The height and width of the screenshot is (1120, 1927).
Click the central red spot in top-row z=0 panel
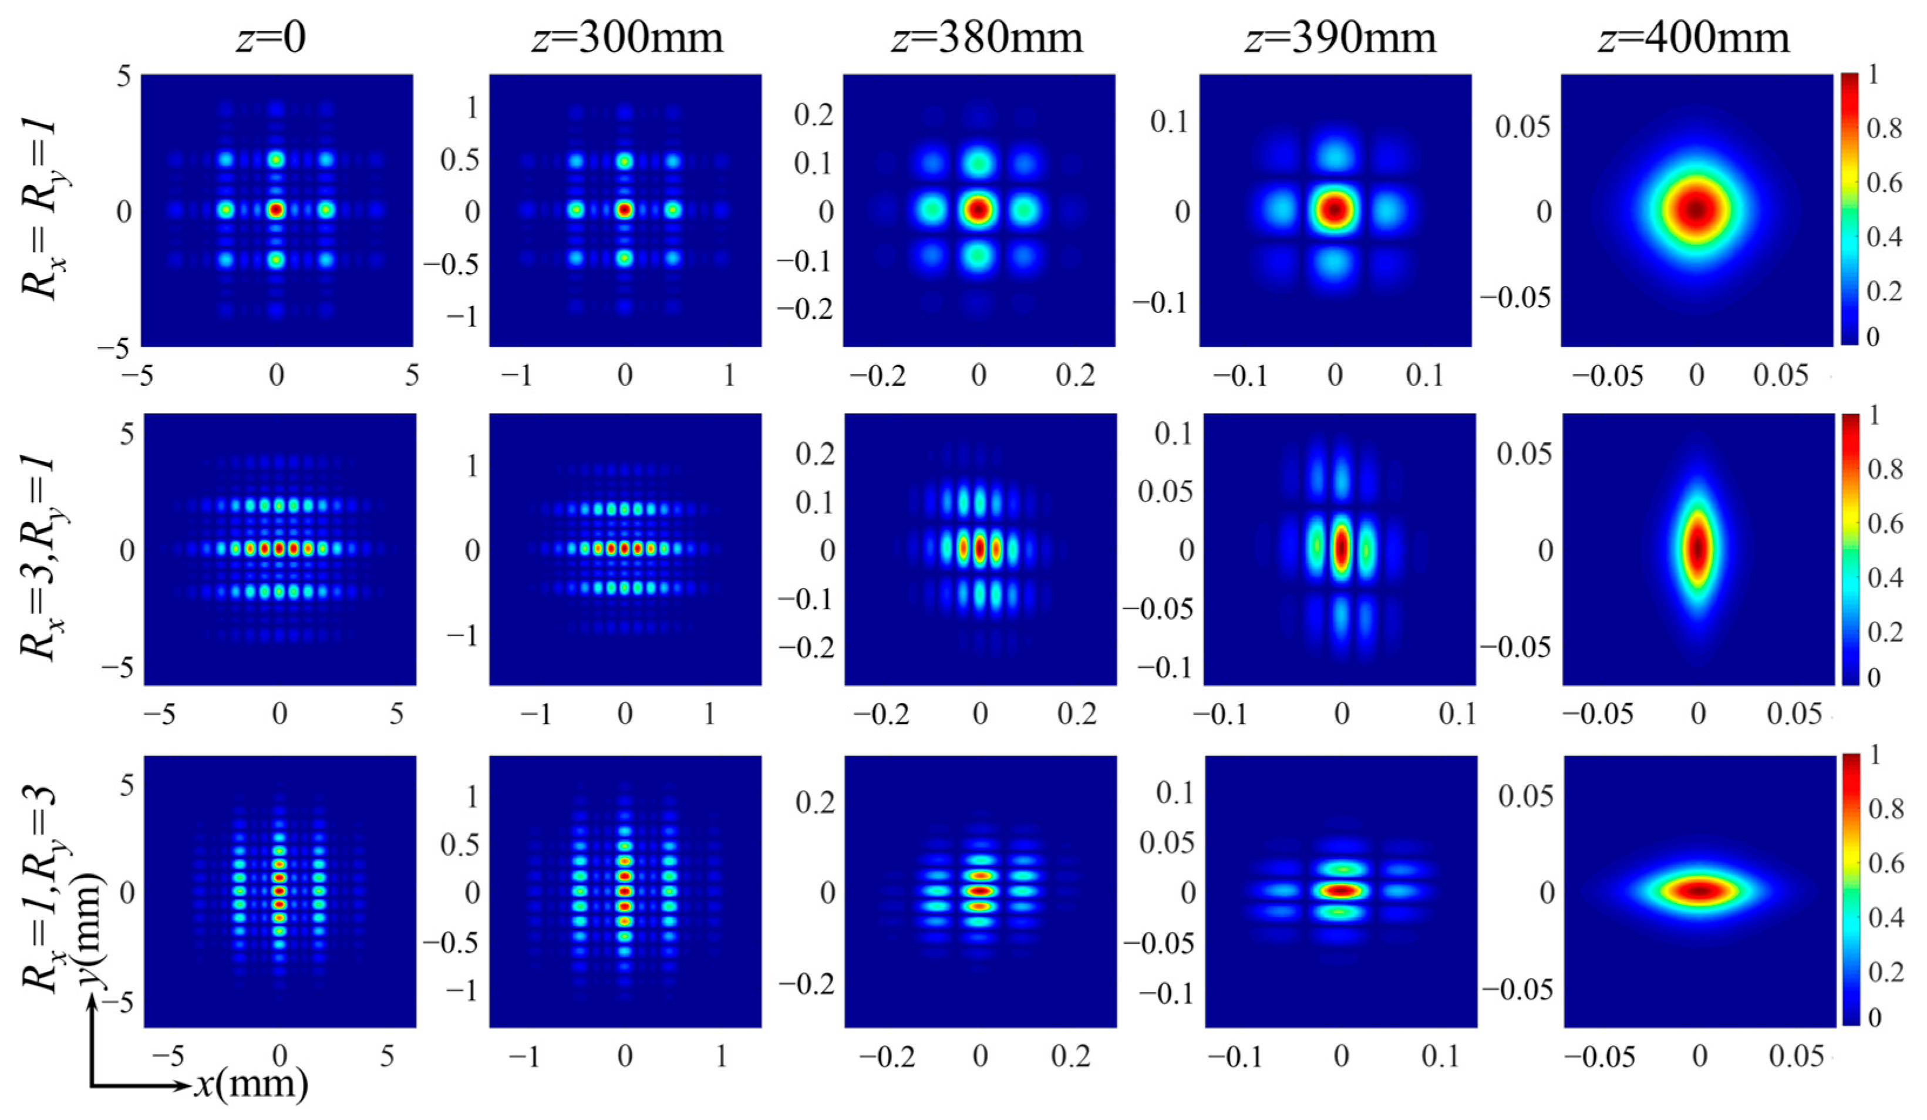point(277,209)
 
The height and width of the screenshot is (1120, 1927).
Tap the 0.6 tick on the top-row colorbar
point(1884,184)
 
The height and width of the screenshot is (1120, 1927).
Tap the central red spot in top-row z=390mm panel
point(1335,209)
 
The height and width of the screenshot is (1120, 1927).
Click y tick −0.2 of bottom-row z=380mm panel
point(806,984)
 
